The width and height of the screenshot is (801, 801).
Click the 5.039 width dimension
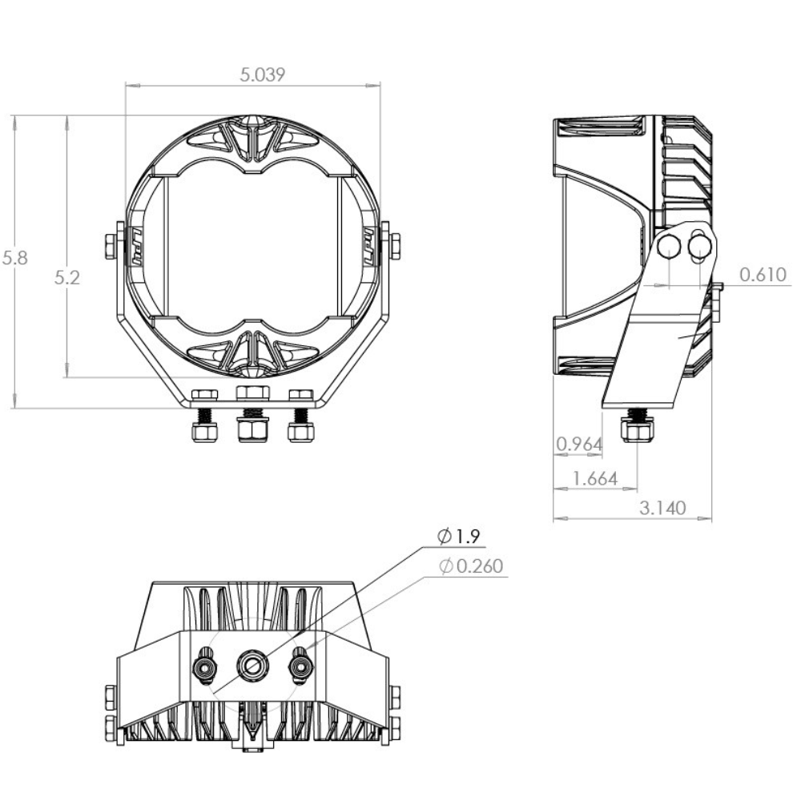point(262,75)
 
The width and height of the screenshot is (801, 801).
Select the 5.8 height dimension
point(14,258)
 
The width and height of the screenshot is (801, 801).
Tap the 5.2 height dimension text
point(67,279)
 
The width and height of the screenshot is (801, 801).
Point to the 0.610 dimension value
point(763,275)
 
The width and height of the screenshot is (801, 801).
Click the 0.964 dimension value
point(579,444)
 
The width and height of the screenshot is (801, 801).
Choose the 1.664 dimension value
point(595,479)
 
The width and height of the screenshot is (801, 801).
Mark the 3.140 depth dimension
point(662,508)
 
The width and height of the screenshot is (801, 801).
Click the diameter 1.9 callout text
point(458,537)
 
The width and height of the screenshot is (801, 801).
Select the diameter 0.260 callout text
point(471,566)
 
